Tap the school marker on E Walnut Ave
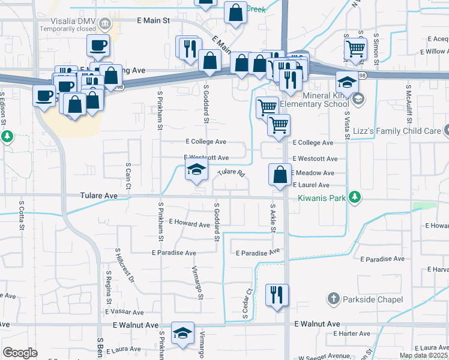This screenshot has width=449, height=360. click(x=182, y=333)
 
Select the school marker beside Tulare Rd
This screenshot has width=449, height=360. click(x=196, y=170)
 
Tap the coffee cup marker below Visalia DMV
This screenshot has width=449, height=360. click(x=98, y=45)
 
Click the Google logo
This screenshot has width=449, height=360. click(x=20, y=353)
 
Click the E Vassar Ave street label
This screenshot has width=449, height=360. click(x=124, y=312)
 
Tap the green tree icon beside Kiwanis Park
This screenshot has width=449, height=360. click(x=355, y=196)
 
